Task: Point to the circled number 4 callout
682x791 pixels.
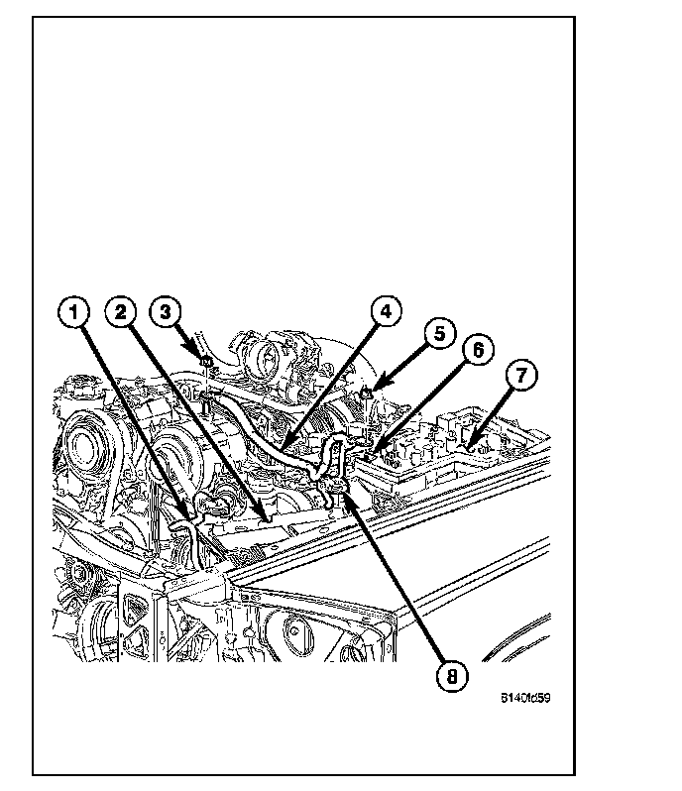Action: [386, 312]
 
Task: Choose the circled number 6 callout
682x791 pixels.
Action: [477, 350]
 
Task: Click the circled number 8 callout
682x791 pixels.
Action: [451, 678]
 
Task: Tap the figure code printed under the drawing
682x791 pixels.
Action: [525, 697]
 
